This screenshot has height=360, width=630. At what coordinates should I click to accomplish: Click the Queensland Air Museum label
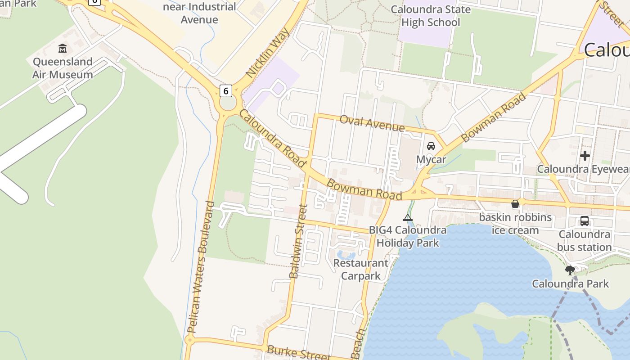click(63, 68)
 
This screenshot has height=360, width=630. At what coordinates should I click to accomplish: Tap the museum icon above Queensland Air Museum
click(63, 48)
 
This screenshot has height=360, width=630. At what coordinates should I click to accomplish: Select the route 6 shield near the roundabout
click(226, 90)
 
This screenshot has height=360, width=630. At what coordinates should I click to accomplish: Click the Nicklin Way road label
click(268, 53)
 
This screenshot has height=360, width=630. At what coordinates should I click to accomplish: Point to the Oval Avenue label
click(372, 123)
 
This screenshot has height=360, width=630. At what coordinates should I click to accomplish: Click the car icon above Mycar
click(431, 146)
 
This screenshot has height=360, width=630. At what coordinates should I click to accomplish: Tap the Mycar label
click(431, 160)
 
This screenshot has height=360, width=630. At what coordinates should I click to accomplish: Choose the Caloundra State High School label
click(431, 16)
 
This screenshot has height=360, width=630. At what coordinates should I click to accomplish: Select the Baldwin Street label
click(298, 241)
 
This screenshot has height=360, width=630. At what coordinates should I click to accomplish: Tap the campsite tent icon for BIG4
click(408, 218)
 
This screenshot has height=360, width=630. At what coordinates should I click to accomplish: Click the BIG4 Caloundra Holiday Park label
click(408, 236)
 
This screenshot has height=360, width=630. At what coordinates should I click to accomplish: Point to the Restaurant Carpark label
click(361, 269)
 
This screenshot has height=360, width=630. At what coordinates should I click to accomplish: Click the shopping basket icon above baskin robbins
click(515, 204)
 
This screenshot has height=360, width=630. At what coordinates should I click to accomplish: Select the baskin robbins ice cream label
click(515, 224)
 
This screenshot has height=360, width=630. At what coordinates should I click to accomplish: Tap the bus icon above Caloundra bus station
click(585, 221)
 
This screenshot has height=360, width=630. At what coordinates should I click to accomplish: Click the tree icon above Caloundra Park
click(570, 270)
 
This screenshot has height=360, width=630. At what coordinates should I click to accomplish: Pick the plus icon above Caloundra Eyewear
click(585, 156)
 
